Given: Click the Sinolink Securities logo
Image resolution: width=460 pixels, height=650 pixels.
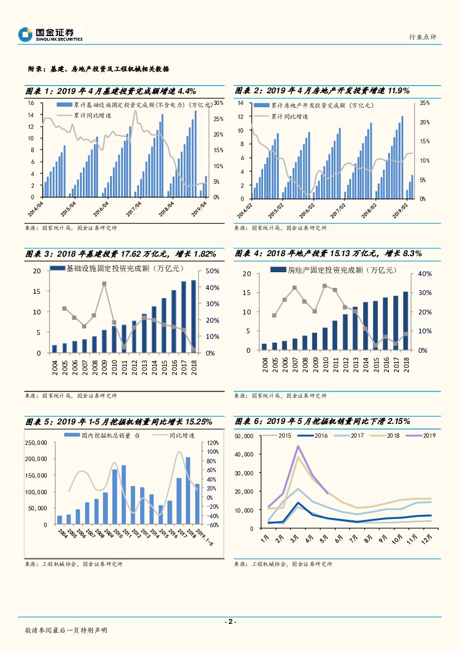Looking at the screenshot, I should coord(50,35).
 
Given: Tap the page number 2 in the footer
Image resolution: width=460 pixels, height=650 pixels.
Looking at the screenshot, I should coord(230,622).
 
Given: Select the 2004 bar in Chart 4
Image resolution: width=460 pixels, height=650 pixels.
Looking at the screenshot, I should coord(264,347).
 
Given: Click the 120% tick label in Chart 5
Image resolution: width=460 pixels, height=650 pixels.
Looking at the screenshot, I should coord(213,443).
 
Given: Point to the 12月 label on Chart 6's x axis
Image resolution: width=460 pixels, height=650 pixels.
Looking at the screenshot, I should coord(427,539).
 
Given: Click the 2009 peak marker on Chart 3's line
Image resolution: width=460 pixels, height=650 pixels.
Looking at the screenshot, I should coord(104,284).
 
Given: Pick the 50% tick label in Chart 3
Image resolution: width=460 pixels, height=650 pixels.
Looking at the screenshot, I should coord(213,271).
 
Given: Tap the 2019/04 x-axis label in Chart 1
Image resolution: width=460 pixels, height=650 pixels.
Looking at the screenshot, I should coord(200,210).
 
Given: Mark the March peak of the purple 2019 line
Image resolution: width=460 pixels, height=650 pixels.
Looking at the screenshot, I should coord(298,446).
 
